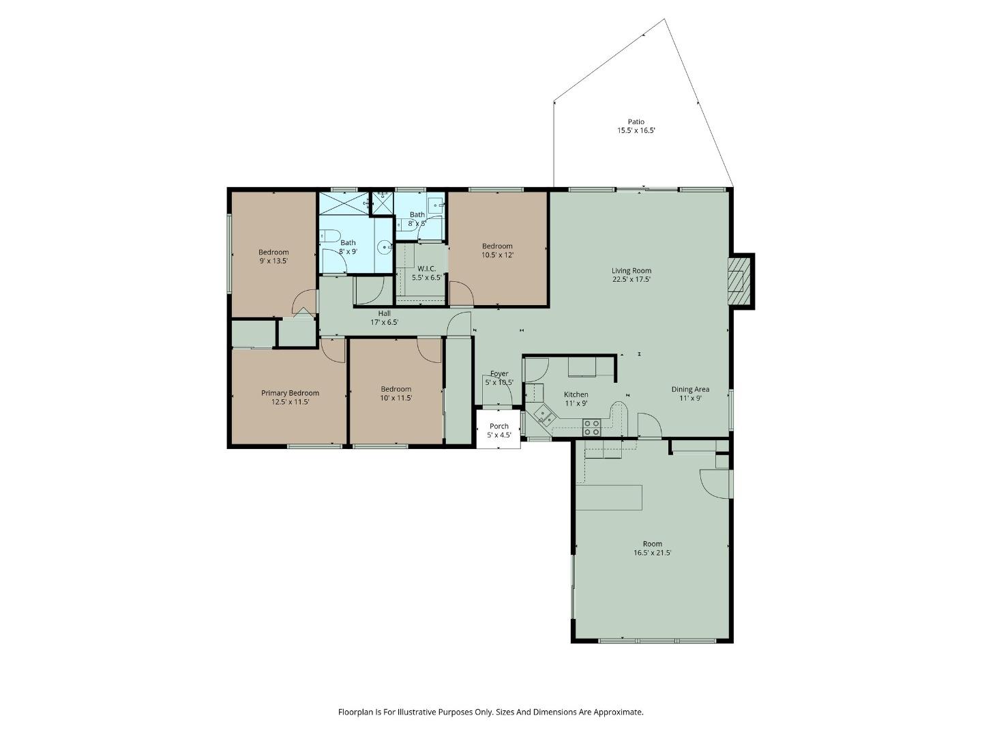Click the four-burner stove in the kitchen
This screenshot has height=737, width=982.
coord(591,428)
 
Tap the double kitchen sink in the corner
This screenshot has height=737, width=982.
coord(544,414)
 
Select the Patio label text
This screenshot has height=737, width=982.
coord(636,122)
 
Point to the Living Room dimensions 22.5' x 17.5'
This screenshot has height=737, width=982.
coord(631,279)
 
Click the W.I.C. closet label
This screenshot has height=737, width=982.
coord(427,268)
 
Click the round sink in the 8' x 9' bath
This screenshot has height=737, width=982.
coord(385,248)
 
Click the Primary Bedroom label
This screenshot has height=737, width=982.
coord(290,393)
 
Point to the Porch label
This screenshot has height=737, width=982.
coord(499,427)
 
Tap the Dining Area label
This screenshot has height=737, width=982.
coord(690,390)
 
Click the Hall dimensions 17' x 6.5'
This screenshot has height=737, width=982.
coord(384,322)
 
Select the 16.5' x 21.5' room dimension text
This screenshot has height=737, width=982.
coord(652,553)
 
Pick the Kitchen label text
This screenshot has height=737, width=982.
coord(576,394)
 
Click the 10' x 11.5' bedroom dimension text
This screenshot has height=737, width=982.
coord(396,398)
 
